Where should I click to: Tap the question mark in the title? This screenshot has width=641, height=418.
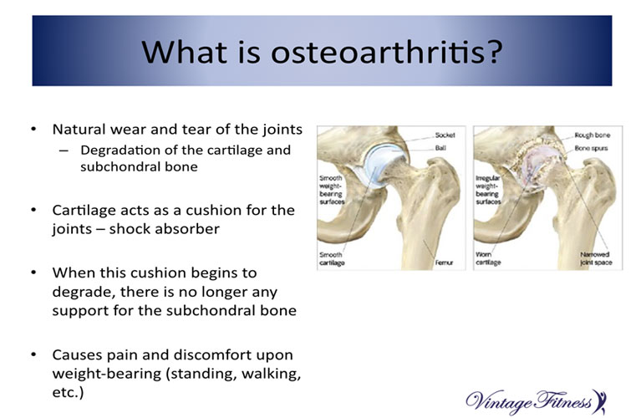pyautogui.click(x=495, y=51)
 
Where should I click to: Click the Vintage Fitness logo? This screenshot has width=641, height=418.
pyautogui.click(x=536, y=401)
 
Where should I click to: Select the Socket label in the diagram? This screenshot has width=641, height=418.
pyautogui.click(x=445, y=135)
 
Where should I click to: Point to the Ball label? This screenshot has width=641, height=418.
pyautogui.click(x=440, y=148)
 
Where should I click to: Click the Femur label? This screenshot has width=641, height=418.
pyautogui.click(x=444, y=263)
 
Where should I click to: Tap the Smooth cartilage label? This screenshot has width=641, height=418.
pyautogui.click(x=332, y=258)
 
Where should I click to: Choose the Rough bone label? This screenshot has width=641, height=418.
pyautogui.click(x=593, y=135)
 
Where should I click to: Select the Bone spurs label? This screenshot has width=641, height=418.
pyautogui.click(x=591, y=148)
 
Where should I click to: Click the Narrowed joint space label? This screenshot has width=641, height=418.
pyautogui.click(x=596, y=258)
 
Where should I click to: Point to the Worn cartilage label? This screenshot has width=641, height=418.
pyautogui.click(x=488, y=258)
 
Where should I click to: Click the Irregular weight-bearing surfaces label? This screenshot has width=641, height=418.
pyautogui.click(x=488, y=190)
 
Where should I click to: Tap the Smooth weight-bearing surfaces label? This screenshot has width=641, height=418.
pyautogui.click(x=332, y=190)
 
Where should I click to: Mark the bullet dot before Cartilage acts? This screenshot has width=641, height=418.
pyautogui.click(x=33, y=210)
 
